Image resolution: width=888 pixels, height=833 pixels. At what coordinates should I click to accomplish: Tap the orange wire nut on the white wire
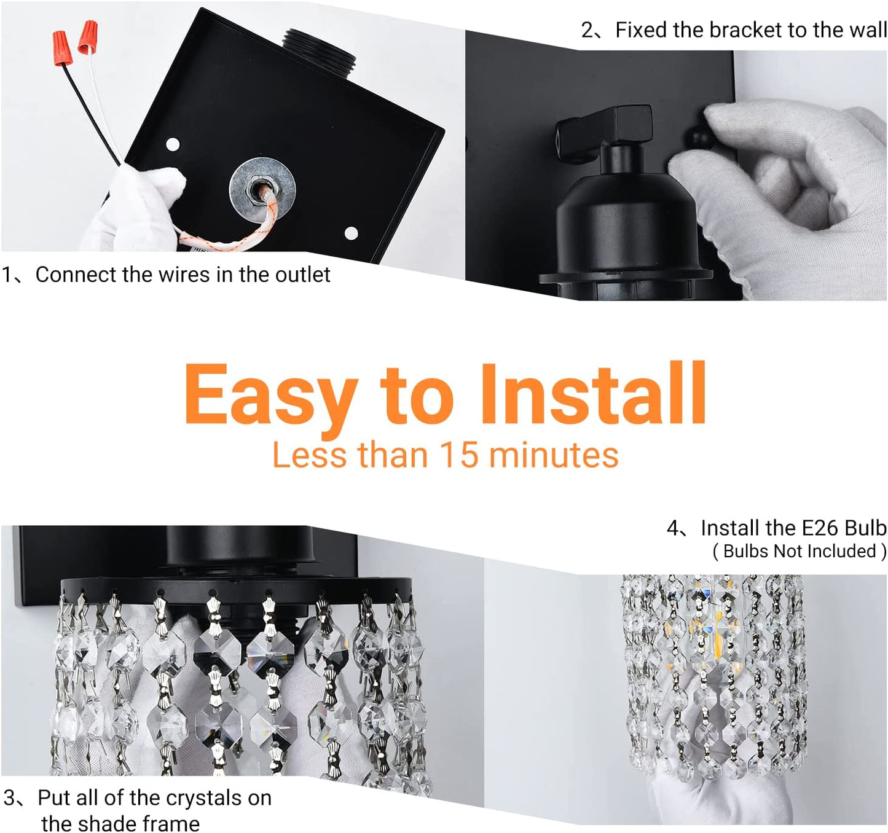pyautogui.click(x=88, y=36)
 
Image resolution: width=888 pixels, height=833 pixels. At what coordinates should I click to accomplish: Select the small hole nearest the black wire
pyautogui.click(x=173, y=145)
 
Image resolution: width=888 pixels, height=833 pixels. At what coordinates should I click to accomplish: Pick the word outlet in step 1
pyautogui.click(x=302, y=275)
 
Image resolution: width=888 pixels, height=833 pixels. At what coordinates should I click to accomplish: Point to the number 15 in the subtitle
pyautogui.click(x=458, y=455)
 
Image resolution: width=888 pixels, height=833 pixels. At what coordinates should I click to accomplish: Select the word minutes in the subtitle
pyautogui.click(x=554, y=455)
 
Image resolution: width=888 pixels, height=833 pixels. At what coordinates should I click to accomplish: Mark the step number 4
pyautogui.click(x=674, y=528)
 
